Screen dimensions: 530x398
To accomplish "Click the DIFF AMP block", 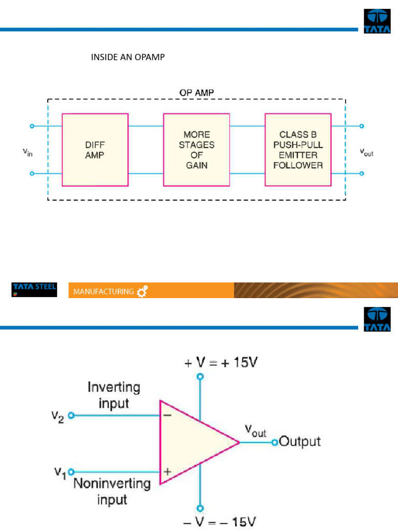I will click(94, 150).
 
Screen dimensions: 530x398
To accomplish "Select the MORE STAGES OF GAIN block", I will click(196, 150).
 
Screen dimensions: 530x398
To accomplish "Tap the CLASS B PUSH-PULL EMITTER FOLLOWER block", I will click(298, 150).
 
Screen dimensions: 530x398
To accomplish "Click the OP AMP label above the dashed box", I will click(196, 92).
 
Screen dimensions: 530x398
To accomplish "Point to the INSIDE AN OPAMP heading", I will click(127, 57).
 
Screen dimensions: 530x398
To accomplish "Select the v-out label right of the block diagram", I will click(366, 152).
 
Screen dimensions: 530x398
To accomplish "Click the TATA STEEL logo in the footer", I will click(34, 289).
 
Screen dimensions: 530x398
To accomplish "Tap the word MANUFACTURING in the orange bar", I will click(103, 292).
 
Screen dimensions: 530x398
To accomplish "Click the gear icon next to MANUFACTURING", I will click(142, 292).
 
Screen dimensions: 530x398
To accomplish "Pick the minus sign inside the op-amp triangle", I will click(167, 415).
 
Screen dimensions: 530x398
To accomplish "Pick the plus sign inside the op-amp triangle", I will click(167, 472).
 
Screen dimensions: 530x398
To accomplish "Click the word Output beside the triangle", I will click(300, 441).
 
